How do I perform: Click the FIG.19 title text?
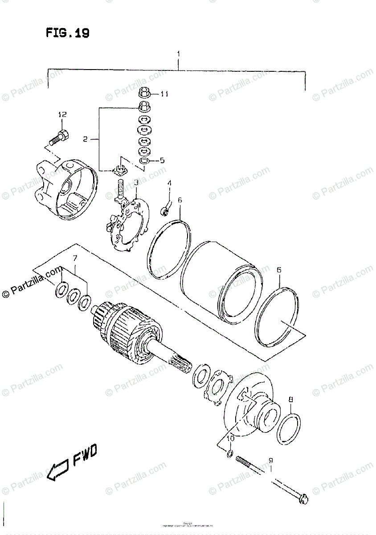67,33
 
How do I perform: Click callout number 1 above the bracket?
178,54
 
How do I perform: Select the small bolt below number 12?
57,136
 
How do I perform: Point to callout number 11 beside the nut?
164,94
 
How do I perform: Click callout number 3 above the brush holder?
136,183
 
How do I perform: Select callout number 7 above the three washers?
75,259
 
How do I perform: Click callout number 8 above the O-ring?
290,400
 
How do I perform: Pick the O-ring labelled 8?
288,428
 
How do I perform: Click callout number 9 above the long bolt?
270,461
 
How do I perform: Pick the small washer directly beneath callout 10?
229,454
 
